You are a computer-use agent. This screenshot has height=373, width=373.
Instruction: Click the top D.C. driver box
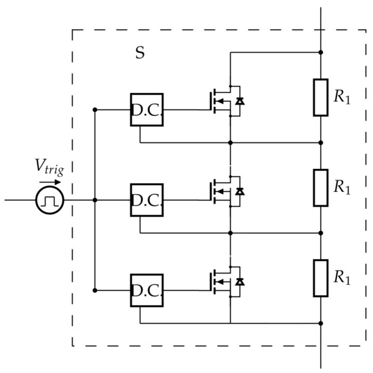tap(146, 109)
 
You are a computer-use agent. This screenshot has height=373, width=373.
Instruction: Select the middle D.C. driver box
tap(146, 200)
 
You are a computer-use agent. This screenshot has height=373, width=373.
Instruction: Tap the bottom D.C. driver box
tap(146, 290)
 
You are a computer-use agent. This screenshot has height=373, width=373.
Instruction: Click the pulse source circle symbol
tap(50, 200)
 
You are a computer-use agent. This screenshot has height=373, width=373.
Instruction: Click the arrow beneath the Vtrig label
tap(51, 182)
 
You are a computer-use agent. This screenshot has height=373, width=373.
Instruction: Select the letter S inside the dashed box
tap(140, 53)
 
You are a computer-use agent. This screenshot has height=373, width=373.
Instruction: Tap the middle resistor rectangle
tap(321, 187)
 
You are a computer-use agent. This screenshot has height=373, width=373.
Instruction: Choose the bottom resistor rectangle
tap(321, 277)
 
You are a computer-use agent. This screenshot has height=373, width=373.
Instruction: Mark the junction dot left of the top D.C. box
tap(96, 109)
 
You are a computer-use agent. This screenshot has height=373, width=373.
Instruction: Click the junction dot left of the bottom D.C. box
tap(96, 290)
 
